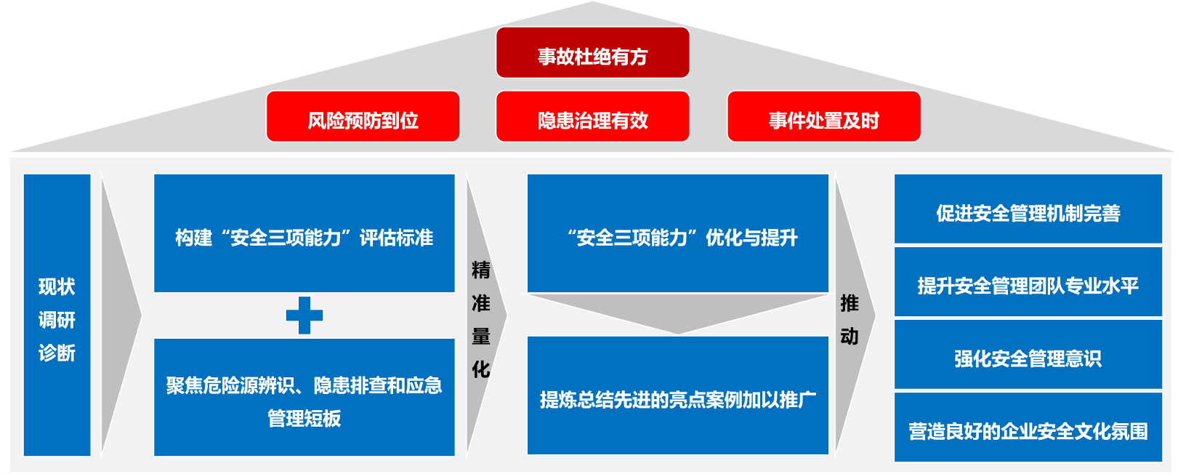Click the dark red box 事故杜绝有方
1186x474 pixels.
pyautogui.click(x=592, y=52)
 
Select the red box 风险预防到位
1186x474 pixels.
pyautogui.click(x=363, y=116)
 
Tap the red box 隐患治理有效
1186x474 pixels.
pyautogui.click(x=592, y=116)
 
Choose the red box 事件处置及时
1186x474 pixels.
pyautogui.click(x=824, y=116)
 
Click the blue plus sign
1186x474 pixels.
pyautogui.click(x=304, y=315)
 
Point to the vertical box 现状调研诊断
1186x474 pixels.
pyautogui.click(x=57, y=315)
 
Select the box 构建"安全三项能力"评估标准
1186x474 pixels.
pyautogui.click(x=304, y=233)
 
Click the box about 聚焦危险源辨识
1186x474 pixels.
pyautogui.click(x=304, y=397)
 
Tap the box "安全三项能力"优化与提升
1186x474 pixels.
pyautogui.click(x=678, y=233)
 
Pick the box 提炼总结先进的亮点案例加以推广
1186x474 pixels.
pyautogui.click(x=678, y=395)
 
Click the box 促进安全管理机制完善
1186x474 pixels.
pyautogui.click(x=1028, y=209)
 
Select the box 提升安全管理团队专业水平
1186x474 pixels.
pyautogui.click(x=1028, y=281)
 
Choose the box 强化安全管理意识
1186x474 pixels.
pyautogui.click(x=1028, y=354)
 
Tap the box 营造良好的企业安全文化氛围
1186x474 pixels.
pyautogui.click(x=1028, y=427)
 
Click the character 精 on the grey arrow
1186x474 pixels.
pyautogui.click(x=481, y=270)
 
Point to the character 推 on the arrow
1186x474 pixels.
pyautogui.click(x=850, y=303)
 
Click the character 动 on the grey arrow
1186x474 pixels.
pyautogui.click(x=850, y=337)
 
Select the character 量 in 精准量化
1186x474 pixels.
pyautogui.click(x=481, y=337)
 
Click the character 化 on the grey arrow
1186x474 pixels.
pyautogui.click(x=481, y=369)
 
